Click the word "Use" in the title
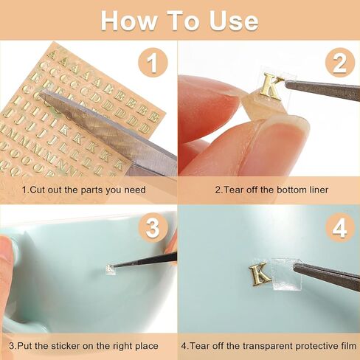234,21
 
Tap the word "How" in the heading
129,21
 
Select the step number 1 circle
153,62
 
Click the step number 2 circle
340,62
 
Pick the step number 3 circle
153,227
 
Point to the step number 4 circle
340,227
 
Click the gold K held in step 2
271,86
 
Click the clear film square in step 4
286,274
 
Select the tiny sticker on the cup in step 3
111,269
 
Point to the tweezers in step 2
322,90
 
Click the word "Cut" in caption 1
38,190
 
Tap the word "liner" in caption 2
319,190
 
